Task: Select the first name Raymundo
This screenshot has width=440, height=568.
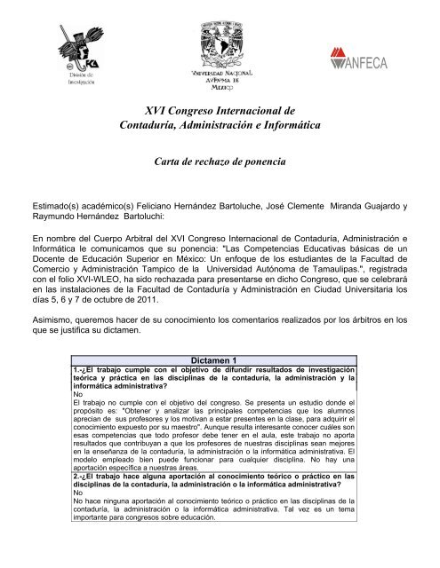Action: [42, 218]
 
